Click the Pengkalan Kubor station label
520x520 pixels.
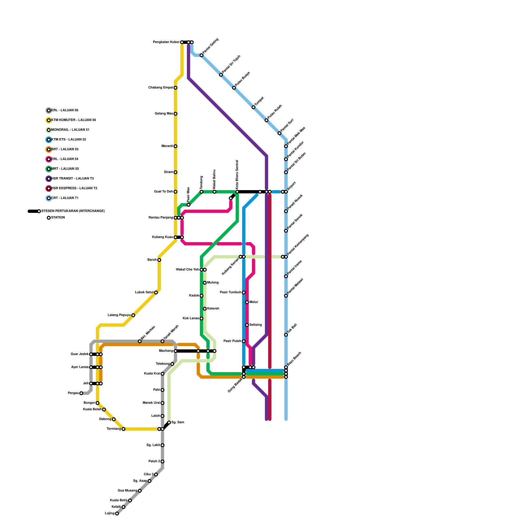point(166,42)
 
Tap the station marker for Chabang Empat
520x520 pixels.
point(175,88)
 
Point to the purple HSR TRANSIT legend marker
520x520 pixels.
point(49,179)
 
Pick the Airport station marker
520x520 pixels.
point(286,192)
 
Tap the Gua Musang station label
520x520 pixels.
point(127,491)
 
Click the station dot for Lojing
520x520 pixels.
point(117,513)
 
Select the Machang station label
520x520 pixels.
point(166,351)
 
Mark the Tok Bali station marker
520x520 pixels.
point(286,335)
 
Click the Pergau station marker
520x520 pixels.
point(81,393)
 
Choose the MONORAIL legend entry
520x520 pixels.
point(70,130)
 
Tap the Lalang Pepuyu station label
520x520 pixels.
point(119,315)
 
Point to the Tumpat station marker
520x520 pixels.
point(253,107)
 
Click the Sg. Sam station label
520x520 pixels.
point(178,422)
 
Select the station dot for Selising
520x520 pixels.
point(247,325)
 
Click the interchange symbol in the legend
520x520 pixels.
point(34,211)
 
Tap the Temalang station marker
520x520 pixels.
point(123,429)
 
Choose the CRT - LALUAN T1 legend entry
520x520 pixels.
point(65,198)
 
